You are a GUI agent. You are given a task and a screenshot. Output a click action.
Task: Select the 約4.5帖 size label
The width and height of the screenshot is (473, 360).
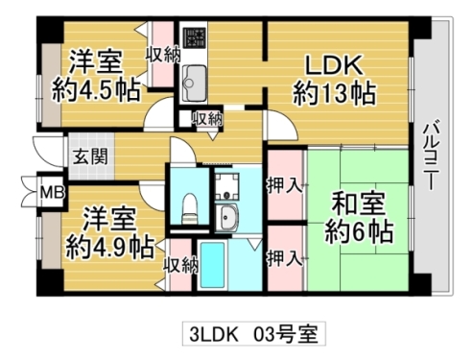(x=96, y=92)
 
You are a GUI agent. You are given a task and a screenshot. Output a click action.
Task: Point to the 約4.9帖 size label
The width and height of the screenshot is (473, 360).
(x=108, y=245)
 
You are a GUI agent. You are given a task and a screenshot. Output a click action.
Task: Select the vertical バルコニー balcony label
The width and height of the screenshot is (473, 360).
(x=431, y=155)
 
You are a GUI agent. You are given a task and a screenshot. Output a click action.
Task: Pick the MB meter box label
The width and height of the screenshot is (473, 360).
(x=47, y=191)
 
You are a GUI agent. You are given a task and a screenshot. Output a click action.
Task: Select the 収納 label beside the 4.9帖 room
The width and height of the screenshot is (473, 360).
(x=179, y=264)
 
